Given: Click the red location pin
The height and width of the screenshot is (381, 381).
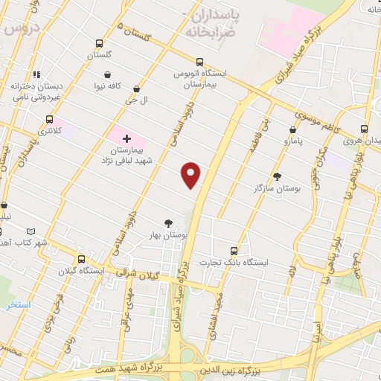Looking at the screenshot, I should (x=192, y=175).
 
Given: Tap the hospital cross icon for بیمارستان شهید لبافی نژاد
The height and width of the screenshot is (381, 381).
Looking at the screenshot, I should (x=126, y=138).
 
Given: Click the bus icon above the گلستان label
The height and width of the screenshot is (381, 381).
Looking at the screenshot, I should (x=100, y=43).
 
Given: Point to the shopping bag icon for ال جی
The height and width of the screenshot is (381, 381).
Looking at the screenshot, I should (x=135, y=88).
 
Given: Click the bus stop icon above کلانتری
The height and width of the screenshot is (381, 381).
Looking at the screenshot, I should (x=50, y=118).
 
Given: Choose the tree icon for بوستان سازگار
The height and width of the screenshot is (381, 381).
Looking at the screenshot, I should (x=278, y=177).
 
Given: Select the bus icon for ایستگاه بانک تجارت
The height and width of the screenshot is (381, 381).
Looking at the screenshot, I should (x=234, y=251).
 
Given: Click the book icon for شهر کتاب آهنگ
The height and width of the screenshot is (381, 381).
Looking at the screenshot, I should (x=30, y=231).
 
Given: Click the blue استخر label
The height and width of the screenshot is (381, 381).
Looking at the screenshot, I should (x=18, y=305).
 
